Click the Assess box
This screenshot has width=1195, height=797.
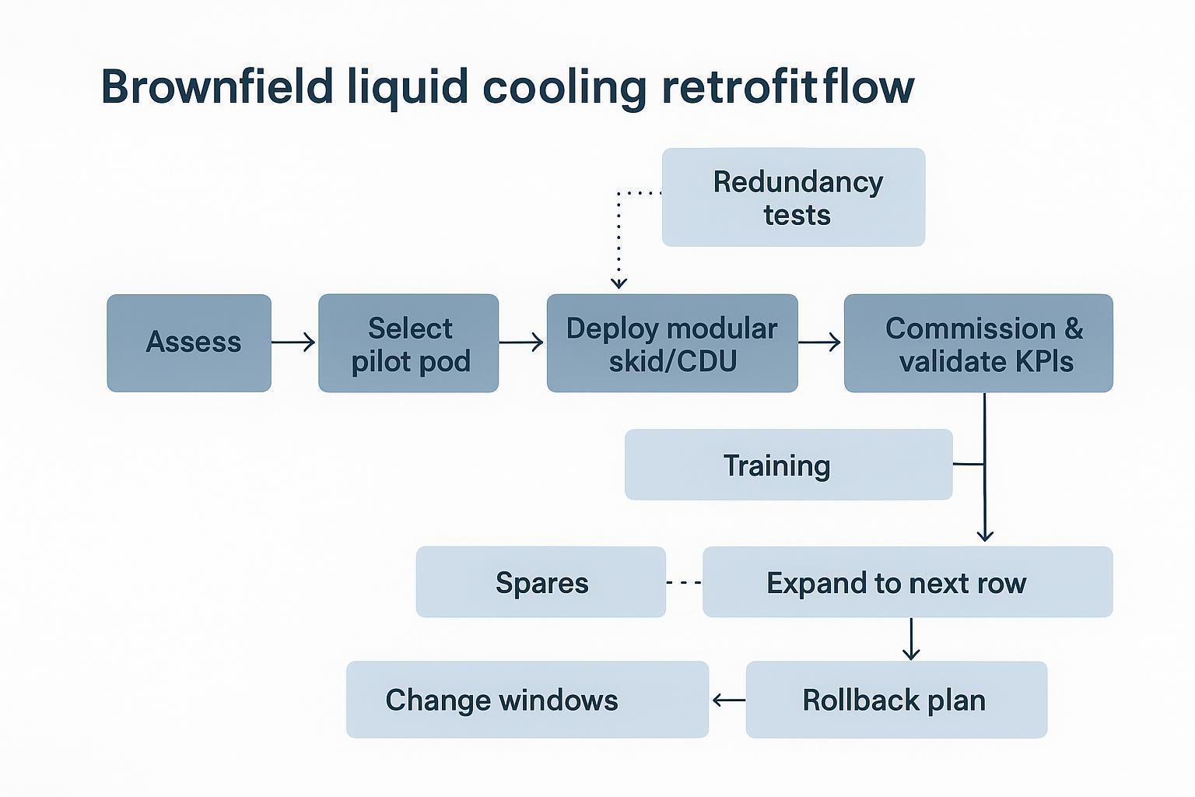click(189, 342)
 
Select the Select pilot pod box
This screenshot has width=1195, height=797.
click(408, 343)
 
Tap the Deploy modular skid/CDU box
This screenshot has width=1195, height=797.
click(672, 343)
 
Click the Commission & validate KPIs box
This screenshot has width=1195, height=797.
click(978, 343)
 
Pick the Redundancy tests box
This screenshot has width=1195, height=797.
click(794, 198)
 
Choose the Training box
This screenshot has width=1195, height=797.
click(788, 465)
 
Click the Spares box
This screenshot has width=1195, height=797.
click(541, 582)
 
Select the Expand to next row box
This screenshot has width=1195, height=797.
click(907, 582)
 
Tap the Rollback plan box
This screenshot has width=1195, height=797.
click(896, 700)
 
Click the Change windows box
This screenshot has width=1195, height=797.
click(527, 700)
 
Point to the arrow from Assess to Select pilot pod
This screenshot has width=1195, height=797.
click(294, 342)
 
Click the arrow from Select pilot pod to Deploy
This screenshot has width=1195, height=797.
click(521, 342)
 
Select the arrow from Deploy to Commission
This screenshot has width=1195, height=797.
click(820, 342)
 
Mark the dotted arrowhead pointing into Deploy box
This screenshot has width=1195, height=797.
click(619, 283)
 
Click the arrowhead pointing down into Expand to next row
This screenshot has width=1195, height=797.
click(985, 535)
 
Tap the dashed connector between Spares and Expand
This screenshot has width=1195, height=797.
click(684, 582)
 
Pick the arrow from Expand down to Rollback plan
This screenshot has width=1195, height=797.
click(911, 640)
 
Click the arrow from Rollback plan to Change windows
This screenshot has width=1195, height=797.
click(728, 700)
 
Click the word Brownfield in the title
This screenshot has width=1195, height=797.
click(217, 86)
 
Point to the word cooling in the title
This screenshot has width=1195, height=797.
click(564, 88)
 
